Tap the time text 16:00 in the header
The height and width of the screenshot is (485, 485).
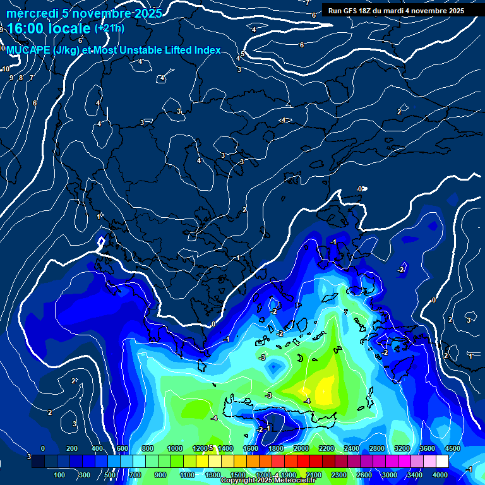(23, 29)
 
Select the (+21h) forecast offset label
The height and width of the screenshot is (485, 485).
(109, 28)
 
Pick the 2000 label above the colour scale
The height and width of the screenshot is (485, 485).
(301, 448)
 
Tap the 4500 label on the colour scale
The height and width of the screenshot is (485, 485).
(453, 448)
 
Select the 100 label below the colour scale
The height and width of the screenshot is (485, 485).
(59, 475)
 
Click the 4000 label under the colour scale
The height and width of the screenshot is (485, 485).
(440, 475)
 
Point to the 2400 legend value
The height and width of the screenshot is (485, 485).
(352, 448)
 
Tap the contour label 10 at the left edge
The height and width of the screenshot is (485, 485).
(5, 69)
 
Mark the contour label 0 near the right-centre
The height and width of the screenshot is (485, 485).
(433, 300)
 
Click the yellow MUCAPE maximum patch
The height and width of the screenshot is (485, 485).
(325, 386)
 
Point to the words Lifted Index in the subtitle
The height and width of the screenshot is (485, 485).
(193, 51)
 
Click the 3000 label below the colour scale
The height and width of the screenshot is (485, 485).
(389, 475)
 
